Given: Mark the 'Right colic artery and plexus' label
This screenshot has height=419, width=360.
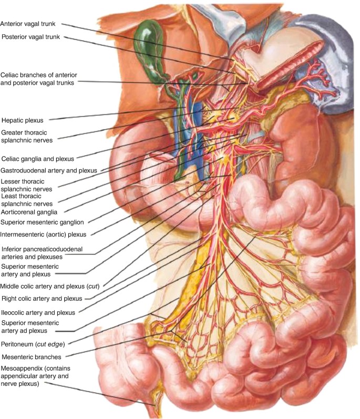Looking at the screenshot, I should (42, 299).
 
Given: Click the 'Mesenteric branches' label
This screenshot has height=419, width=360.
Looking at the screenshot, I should (33, 357).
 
